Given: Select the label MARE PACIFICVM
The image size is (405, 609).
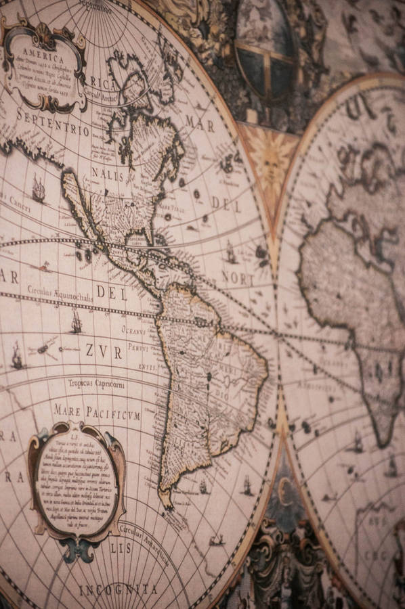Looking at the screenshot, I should coord(96,411).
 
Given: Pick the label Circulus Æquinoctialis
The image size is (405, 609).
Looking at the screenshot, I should coord(60,292).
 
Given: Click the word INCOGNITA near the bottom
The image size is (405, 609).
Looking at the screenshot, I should coord(118,589).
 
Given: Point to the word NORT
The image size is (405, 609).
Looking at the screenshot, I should coord(238,278).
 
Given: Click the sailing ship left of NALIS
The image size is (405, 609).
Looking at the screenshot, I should coord(38,189).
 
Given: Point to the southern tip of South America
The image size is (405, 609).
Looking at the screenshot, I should coord(167,501).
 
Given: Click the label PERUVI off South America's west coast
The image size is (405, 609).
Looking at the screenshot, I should coord(139,348).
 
